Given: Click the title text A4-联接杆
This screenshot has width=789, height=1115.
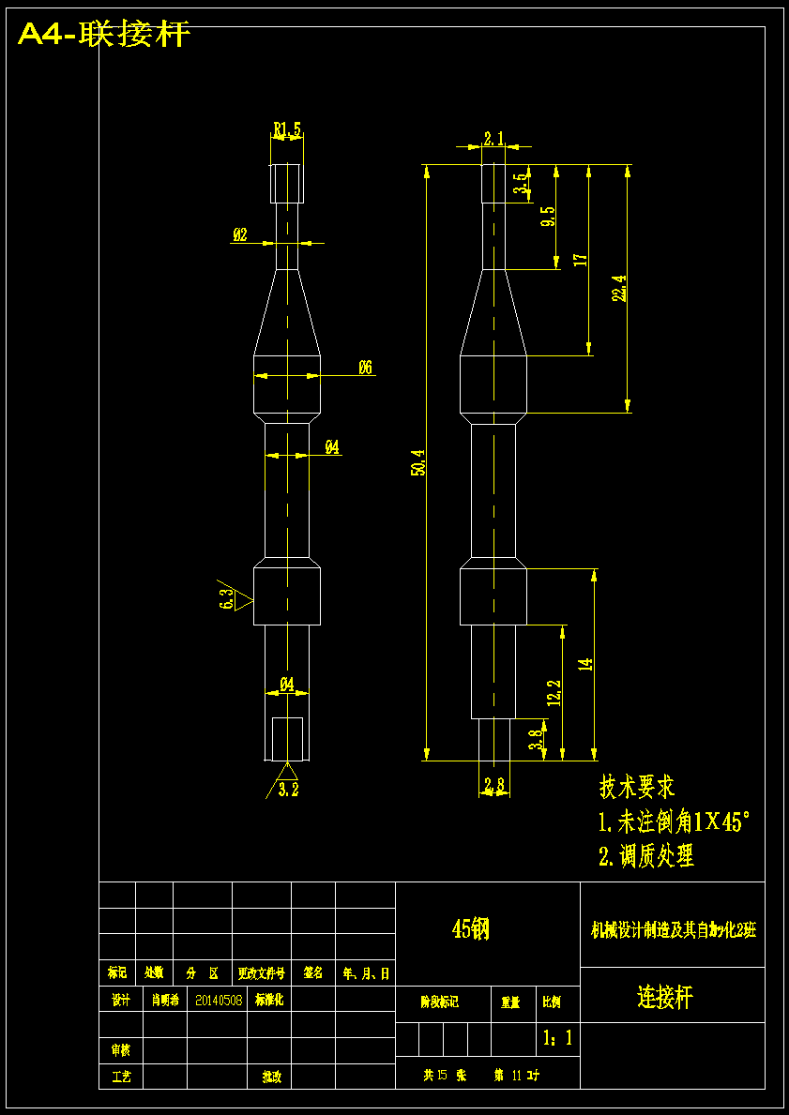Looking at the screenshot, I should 104,35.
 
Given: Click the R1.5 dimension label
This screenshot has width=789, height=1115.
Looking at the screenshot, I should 287,129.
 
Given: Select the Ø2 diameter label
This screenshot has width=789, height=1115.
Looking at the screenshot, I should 240,235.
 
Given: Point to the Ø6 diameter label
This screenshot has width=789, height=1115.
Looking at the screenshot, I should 366,368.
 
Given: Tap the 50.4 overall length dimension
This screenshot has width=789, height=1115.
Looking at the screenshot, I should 418,462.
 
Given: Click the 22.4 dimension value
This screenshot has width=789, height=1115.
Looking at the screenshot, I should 618,289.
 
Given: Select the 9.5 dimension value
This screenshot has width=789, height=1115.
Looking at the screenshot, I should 548,217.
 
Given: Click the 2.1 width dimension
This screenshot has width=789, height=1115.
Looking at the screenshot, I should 493,139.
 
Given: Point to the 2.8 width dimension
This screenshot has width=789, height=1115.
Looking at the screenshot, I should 494,783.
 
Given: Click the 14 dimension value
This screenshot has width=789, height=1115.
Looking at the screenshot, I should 585,664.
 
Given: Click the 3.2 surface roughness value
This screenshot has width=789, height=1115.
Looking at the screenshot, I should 289,790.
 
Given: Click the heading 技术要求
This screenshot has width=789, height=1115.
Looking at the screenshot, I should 637,787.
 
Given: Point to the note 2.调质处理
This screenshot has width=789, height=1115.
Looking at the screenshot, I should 646,855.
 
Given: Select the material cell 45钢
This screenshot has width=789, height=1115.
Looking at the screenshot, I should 471,929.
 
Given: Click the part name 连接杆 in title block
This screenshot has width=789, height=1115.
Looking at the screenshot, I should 665,997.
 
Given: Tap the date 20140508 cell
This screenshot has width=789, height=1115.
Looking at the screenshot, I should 219,1000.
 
